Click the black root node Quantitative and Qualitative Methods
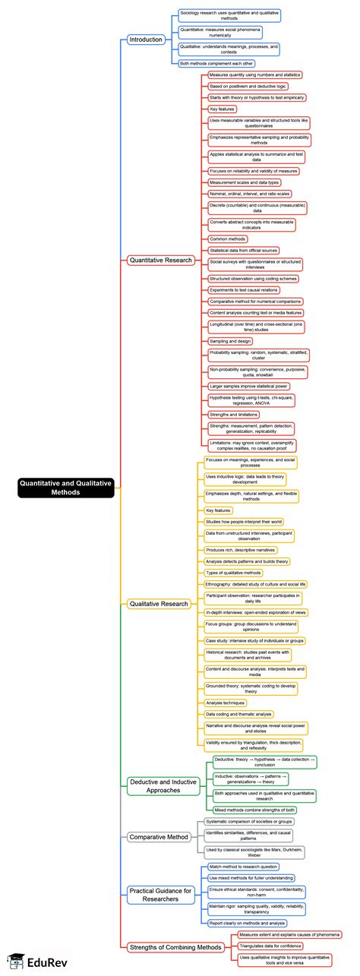(65, 487)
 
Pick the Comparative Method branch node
(157, 837)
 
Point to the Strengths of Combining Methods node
(174, 946)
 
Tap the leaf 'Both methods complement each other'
(216, 64)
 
